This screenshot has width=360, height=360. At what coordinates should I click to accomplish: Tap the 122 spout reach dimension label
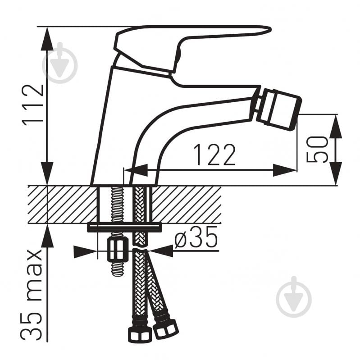pos(214,155)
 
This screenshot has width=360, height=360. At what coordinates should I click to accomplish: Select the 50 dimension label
pos(317,150)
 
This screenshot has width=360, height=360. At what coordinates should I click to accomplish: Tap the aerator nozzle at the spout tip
pos(278,109)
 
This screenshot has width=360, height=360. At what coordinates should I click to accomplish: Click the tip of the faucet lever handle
pos(270,30)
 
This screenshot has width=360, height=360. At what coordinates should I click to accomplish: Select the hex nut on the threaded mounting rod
pos(118,249)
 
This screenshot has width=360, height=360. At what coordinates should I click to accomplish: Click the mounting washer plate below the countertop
pos(124,228)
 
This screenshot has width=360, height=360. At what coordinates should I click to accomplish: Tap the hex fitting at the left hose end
pos(140,334)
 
